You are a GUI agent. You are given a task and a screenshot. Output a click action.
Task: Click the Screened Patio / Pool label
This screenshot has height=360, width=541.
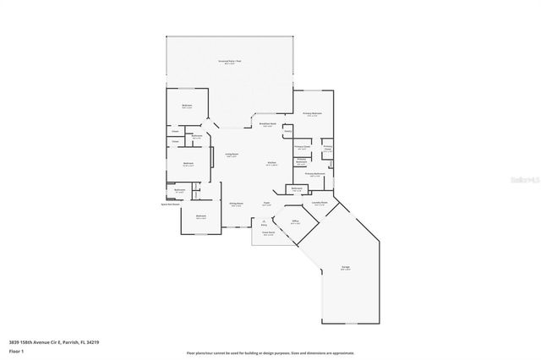pos(228,62)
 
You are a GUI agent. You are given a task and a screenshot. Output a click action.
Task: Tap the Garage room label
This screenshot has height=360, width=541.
pos(346,268)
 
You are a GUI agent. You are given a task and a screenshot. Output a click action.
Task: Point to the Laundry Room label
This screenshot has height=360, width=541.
pos(320,203)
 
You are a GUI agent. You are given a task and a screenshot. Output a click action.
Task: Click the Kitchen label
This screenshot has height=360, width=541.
pos(271,163)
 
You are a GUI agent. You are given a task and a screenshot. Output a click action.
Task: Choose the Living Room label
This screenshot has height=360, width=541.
pos(231,155)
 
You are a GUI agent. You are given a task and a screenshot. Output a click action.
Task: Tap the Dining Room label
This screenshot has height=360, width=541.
pos(237,204)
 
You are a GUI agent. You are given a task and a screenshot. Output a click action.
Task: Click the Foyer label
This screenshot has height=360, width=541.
pos(265,204)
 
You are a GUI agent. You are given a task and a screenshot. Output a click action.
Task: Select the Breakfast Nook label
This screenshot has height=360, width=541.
pos(267,125)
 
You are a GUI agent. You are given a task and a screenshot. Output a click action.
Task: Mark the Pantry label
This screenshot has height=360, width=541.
pos(287,132)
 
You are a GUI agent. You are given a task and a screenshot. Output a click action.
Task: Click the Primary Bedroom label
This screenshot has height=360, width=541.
pos(313,114)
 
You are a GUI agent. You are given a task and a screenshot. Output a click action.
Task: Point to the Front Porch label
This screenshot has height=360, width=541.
pos(268,233)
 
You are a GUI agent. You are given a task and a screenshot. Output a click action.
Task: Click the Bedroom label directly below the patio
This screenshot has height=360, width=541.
pos(188,106)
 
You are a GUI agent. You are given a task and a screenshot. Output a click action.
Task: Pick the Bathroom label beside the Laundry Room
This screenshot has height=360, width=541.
pos(297,188)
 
